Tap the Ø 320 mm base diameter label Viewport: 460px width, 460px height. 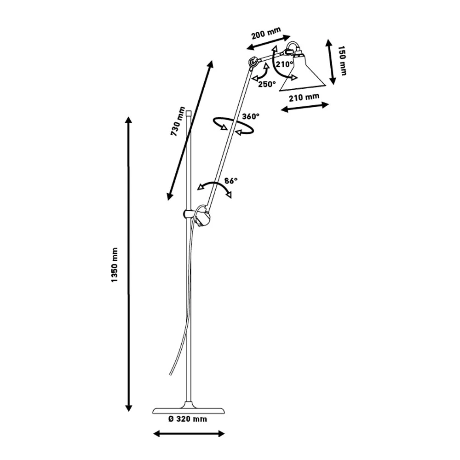pos(188,419)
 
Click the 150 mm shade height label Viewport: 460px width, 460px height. pos(342,60)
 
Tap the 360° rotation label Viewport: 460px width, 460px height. pos(251,117)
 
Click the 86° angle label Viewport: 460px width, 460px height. pos(231,181)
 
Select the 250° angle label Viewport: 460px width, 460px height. pos(267,84)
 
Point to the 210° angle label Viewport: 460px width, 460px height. pos(285,64)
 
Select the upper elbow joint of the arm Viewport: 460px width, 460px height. pos(253,62)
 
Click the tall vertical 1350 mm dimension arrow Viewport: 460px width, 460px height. pos(129,264)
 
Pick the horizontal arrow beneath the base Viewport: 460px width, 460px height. pos(189,433)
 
